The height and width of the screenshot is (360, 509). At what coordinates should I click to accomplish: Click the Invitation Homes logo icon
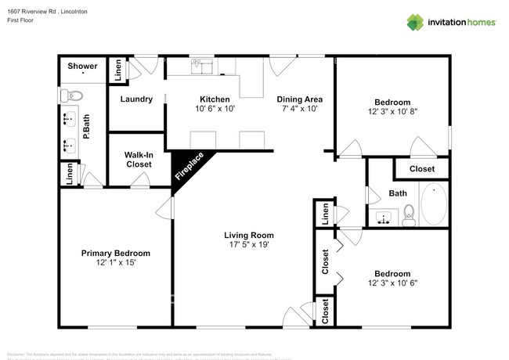click(414, 22)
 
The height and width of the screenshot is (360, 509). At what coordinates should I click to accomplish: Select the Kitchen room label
click(214, 99)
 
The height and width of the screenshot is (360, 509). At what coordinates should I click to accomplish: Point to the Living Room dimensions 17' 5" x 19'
click(248, 245)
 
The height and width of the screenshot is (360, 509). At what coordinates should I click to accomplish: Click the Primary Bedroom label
click(116, 254)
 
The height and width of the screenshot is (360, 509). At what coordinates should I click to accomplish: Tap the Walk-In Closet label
click(138, 160)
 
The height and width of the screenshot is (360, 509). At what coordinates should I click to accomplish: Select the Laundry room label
click(135, 99)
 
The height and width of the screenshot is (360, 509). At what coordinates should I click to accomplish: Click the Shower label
click(81, 67)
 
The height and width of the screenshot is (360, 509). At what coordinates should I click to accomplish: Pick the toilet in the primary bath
click(70, 95)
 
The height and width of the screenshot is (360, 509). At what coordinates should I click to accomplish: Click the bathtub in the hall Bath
click(433, 204)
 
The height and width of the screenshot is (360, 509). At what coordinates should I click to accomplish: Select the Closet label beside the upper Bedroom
click(422, 168)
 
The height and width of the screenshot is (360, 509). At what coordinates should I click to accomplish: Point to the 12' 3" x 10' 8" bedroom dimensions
click(392, 112)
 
